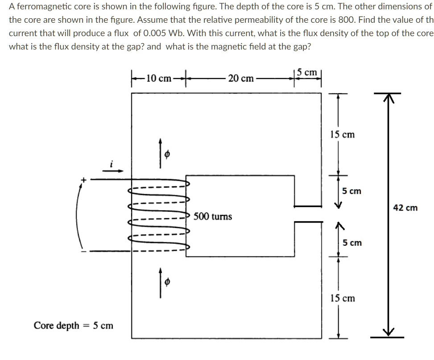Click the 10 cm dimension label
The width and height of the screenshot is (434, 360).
tap(158, 79)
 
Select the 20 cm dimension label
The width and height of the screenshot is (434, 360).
tap(241, 79)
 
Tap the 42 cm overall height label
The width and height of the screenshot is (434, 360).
tap(405, 207)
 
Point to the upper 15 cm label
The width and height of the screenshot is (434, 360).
tap(343, 134)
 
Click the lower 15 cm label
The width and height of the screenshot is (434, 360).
tap(343, 298)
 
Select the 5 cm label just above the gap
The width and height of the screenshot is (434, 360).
tap(352, 191)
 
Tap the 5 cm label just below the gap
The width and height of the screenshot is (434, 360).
tap(352, 243)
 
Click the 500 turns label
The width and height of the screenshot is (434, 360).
tap(213, 216)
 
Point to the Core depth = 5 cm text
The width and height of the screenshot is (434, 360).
tap(74, 325)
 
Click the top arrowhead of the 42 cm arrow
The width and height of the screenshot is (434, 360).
tap(388, 96)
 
